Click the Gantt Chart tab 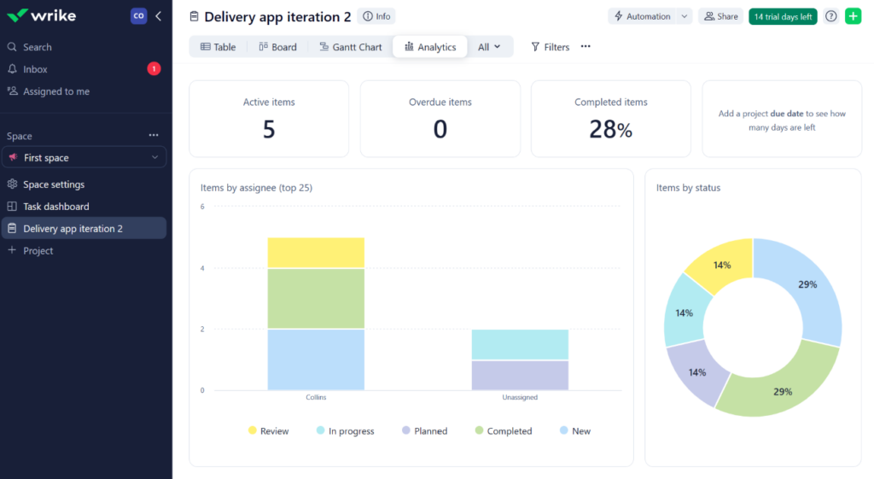coord(351,47)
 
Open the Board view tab coord(277,47)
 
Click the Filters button coord(550,47)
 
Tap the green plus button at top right coord(853,16)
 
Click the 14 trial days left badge coord(782,16)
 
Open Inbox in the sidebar coord(35,69)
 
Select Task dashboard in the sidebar coord(55,207)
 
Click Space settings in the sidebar coord(53,184)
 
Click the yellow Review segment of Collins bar coord(316,253)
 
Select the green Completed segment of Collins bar coord(316,298)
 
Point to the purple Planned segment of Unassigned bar coord(520,375)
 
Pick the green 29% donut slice coord(781,388)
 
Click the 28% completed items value coord(610,129)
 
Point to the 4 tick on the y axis coord(202,268)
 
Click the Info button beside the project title coord(376,16)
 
